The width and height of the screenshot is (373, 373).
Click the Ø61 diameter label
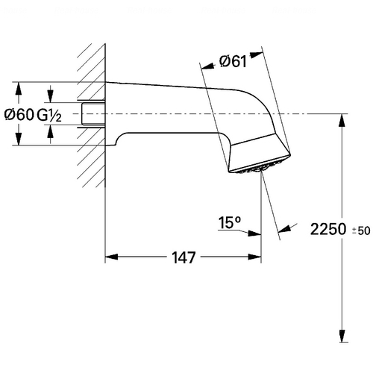tap(233, 61)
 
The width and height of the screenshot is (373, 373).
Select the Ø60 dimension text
tap(19, 115)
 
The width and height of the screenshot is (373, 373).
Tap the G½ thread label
tap(49, 116)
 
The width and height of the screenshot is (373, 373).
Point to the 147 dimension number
tap(184, 257)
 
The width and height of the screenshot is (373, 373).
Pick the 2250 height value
tap(328, 229)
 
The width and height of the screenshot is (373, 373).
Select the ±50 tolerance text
tap(361, 231)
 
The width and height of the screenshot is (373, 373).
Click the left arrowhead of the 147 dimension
tap(111, 257)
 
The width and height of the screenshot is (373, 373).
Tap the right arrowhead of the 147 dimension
tap(254, 257)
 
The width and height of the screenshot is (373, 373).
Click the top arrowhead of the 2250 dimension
tap(342, 120)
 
